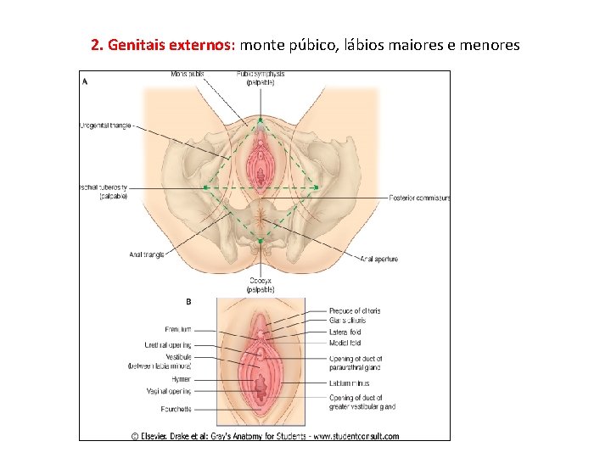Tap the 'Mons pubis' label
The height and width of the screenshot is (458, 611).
tap(187, 74)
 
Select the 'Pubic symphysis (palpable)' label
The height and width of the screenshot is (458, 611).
tap(261, 78)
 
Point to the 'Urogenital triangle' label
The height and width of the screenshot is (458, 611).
tap(107, 126)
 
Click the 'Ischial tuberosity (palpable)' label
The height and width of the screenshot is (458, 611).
tap(103, 192)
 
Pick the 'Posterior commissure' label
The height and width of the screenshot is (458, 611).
tap(419, 198)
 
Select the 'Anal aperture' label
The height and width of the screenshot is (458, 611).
tap(378, 259)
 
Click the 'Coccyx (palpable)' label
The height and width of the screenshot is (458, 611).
tap(260, 284)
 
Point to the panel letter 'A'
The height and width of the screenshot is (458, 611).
tap(85, 82)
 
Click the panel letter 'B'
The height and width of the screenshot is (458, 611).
tap(188, 301)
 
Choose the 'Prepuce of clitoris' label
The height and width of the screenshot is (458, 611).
tap(355, 311)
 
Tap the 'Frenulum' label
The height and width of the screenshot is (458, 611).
tap(177, 329)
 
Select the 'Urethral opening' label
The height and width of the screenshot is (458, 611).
tap(167, 345)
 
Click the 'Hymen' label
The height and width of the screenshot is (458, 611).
tap(180, 380)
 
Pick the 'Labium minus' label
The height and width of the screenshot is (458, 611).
tap(350, 383)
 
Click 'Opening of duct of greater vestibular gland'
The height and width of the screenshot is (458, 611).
tap(362, 402)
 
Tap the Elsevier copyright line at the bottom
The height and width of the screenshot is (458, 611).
tap(265, 436)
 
